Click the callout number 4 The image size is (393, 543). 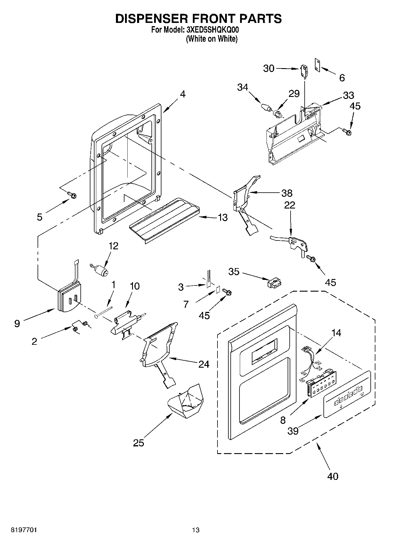183,94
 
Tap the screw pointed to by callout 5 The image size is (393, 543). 72,194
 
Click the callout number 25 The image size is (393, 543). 139,443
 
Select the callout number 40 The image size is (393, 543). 333,476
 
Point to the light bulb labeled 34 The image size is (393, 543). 266,107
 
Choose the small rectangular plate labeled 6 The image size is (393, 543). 317,65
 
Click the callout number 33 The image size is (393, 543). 348,95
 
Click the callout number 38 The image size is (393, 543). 286,193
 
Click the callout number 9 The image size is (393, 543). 17,324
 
